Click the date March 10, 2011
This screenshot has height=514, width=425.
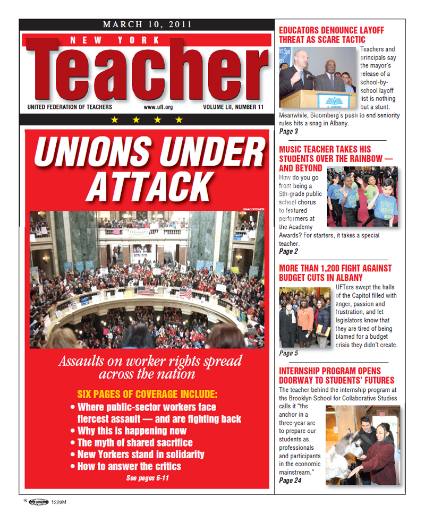pyautogui.click(x=147, y=24)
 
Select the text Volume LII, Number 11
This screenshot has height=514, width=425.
pyautogui.click(x=233, y=107)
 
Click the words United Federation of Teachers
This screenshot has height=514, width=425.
pyautogui.click(x=70, y=107)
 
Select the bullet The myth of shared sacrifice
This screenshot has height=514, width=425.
pyautogui.click(x=135, y=442)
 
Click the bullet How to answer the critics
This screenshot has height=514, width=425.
pyautogui.click(x=129, y=467)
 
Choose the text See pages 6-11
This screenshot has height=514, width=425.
pyautogui.click(x=147, y=478)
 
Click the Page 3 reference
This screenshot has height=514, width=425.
pyautogui.click(x=288, y=131)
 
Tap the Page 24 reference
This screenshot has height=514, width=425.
pyautogui.click(x=290, y=481)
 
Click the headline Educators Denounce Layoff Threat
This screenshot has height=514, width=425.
pyautogui.click(x=331, y=35)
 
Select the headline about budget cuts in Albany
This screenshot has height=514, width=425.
pyautogui.click(x=335, y=273)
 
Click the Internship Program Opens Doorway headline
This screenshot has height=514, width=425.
pyautogui.click(x=336, y=375)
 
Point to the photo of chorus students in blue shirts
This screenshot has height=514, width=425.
pyautogui.click(x=362, y=196)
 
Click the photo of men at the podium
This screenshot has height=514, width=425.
pyautogui.click(x=317, y=77)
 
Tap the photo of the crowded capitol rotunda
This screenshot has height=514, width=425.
pyautogui.click(x=147, y=279)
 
